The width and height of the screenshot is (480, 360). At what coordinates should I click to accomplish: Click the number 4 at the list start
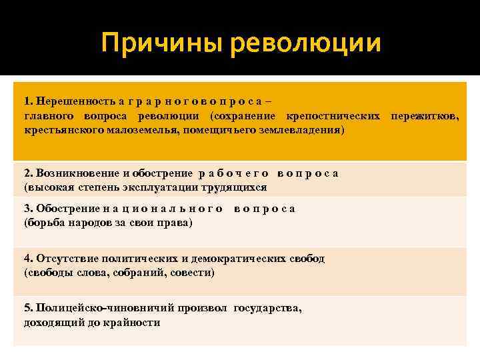click(27, 259)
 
